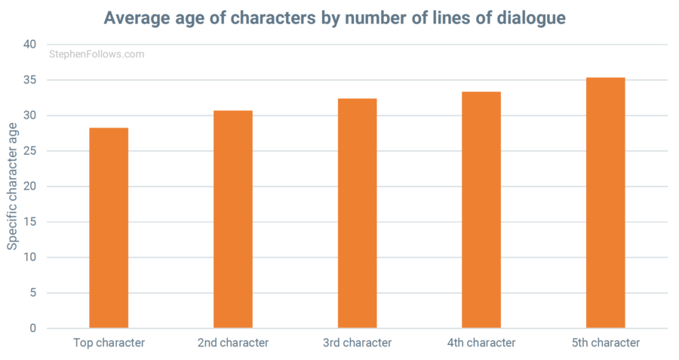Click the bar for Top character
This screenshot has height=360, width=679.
[x=109, y=228]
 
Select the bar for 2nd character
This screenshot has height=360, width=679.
[x=233, y=219]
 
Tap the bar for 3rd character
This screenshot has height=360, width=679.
[x=357, y=213]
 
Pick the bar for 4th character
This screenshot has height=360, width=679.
[x=481, y=210]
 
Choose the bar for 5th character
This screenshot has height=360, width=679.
[x=605, y=202]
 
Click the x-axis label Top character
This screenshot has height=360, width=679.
[x=109, y=343]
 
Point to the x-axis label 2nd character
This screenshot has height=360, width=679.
[x=233, y=343]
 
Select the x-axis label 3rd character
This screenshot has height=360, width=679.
[x=357, y=343]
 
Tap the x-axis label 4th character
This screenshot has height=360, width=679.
[x=481, y=343]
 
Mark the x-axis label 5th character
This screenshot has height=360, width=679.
[x=605, y=343]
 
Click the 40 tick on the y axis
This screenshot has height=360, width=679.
[x=30, y=45]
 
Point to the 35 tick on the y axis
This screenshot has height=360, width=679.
[x=30, y=80]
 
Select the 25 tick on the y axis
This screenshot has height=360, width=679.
[x=30, y=151]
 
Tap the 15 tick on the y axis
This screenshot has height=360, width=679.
[x=30, y=222]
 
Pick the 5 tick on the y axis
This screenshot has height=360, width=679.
[x=33, y=293]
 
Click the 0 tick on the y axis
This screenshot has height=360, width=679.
[x=33, y=328]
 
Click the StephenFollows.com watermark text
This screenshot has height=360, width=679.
[x=96, y=54]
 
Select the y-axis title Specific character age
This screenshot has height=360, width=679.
[x=13, y=187]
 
